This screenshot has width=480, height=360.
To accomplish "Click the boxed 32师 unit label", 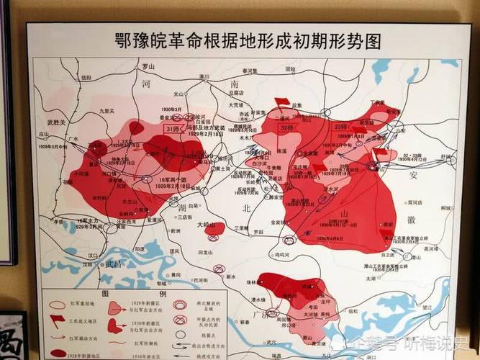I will tap(287, 127).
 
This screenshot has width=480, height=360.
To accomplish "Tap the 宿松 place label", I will tap(353, 312).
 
